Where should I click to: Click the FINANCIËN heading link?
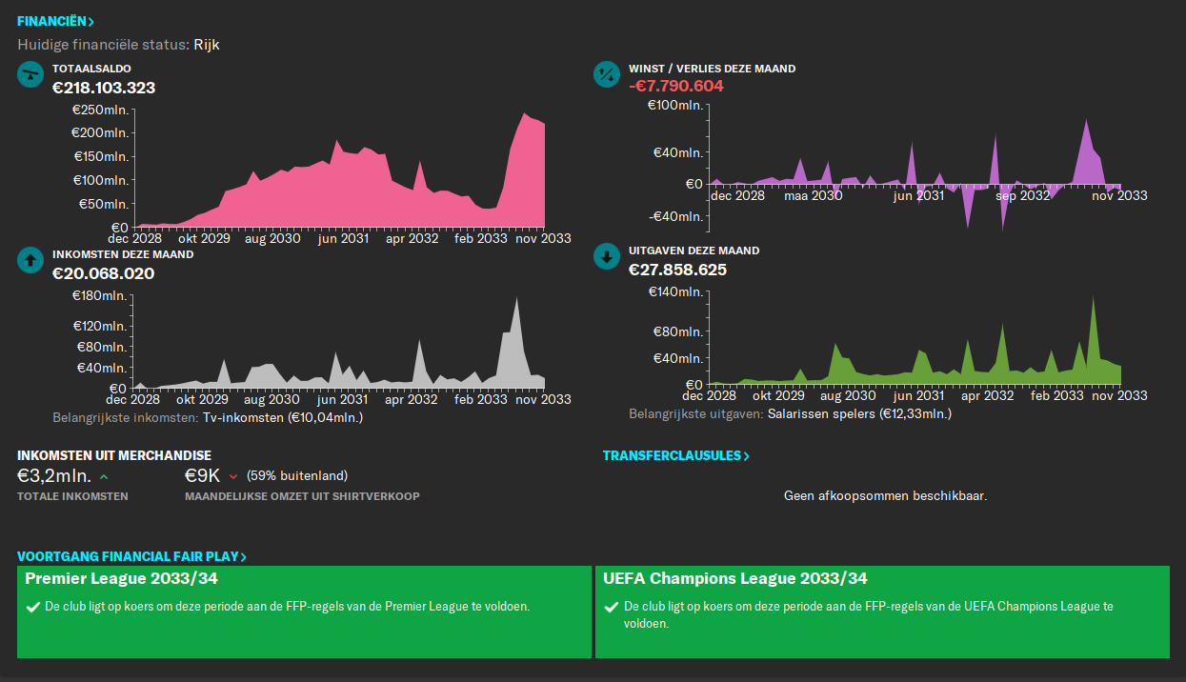(x=55, y=21)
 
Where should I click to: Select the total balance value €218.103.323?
(x=104, y=88)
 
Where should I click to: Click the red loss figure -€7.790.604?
(x=675, y=86)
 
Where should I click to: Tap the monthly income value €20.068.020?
(x=103, y=273)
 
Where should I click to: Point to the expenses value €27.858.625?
(x=677, y=270)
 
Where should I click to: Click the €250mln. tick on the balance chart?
(x=100, y=110)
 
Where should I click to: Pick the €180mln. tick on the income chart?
(x=100, y=296)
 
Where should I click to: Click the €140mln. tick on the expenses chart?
(x=674, y=291)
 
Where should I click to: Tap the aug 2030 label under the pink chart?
(x=271, y=239)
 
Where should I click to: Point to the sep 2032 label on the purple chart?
(x=1021, y=195)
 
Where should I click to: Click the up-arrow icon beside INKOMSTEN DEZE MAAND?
(x=30, y=259)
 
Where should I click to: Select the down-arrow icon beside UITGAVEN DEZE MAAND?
(x=607, y=257)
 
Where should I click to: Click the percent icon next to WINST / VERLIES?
(x=607, y=74)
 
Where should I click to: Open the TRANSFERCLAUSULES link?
(x=675, y=455)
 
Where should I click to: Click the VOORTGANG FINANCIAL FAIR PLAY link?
(x=131, y=556)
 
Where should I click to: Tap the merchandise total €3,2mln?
(x=54, y=475)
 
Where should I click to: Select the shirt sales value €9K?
(x=202, y=475)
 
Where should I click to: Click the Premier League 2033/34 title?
(x=123, y=578)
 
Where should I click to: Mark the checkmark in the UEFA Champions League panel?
(x=612, y=607)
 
